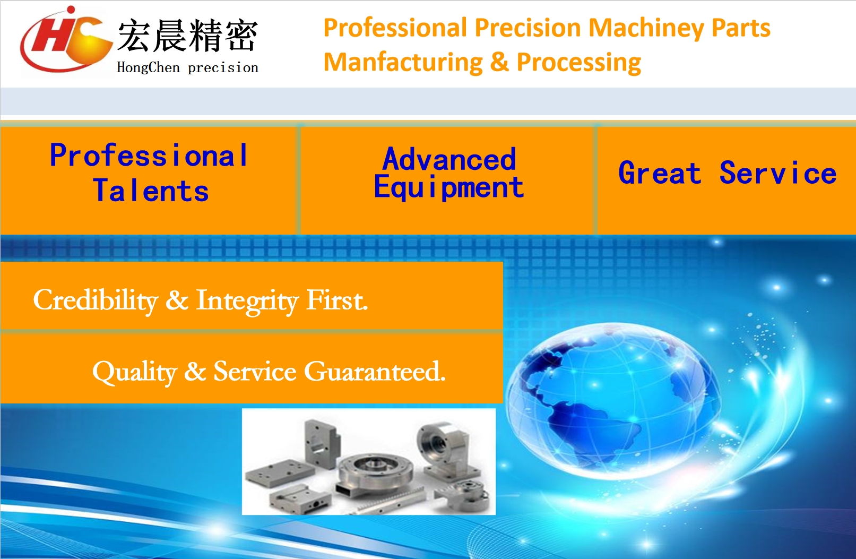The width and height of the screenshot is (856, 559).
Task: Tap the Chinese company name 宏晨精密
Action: click(188, 36)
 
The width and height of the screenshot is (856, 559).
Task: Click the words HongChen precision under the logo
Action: click(188, 67)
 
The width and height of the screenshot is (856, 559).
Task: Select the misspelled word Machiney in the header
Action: click(646, 28)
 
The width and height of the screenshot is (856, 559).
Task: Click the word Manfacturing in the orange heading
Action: click(403, 62)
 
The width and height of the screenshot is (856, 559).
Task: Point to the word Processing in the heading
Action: click(579, 63)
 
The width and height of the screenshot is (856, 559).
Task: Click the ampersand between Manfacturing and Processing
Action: click(499, 62)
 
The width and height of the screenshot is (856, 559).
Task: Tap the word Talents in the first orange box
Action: click(151, 191)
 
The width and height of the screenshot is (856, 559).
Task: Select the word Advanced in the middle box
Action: click(449, 159)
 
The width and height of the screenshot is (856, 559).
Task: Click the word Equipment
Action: click(448, 187)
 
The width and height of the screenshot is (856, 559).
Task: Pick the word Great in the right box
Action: click(660, 173)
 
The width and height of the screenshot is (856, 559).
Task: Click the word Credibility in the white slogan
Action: click(96, 300)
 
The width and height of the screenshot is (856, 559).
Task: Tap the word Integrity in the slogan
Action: click(247, 302)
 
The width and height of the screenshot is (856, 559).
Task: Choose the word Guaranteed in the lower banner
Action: click(375, 371)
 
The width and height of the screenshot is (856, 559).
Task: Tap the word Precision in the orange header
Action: click(528, 28)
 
